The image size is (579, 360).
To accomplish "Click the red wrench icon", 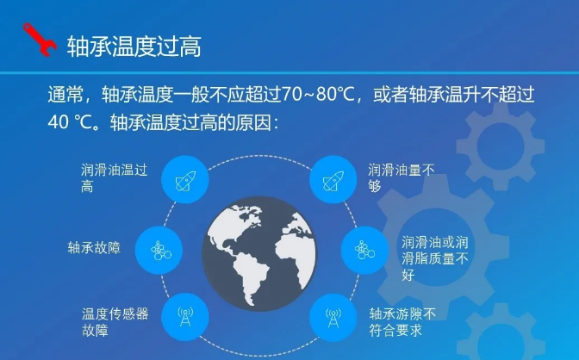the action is pos(40,40).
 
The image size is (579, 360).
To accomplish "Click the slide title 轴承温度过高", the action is pos(134,47).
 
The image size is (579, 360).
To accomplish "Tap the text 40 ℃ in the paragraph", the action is pos(70,122).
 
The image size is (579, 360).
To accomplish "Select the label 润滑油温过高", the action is pos(114,178).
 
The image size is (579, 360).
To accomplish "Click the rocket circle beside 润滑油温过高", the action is pos(185,179).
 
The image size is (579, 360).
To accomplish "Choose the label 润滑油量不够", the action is pos(401,178).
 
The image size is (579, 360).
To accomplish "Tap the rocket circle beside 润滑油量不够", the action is pos(333,179).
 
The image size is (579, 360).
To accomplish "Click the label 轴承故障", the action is pos(94,247).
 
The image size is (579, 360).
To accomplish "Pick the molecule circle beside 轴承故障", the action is pos(159,251).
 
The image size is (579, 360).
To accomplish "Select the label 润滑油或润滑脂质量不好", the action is pos(435,258).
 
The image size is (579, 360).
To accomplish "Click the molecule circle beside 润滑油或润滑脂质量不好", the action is pos(364,251).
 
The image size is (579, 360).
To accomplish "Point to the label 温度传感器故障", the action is pos(115,322).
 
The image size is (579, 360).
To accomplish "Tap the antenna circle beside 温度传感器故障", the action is pos(185,317).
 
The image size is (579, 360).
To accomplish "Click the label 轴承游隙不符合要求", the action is pos(402,322).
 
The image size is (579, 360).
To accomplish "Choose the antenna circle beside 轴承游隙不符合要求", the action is pos(333,317).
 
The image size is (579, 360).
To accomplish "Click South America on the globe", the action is pos(252,275).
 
